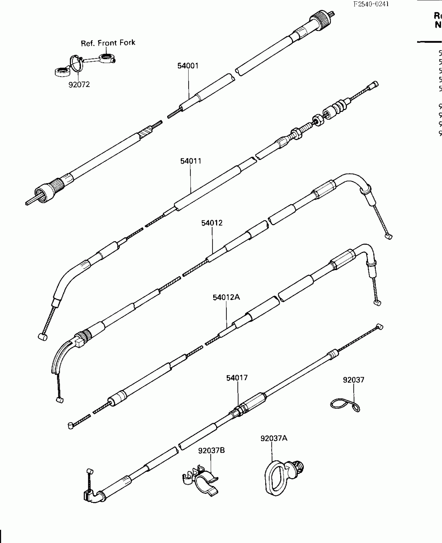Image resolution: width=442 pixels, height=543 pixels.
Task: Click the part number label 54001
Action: pyautogui.click(x=188, y=66)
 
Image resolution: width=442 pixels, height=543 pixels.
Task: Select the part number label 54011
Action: pyautogui.click(x=191, y=161)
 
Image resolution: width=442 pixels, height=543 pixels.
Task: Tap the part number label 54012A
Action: pyautogui.click(x=226, y=297)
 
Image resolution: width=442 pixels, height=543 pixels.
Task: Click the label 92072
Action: pyautogui.click(x=79, y=85)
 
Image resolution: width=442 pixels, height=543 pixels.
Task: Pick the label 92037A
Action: pyautogui.click(x=274, y=439)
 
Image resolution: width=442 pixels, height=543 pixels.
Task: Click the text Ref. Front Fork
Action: pyautogui.click(x=108, y=43)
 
